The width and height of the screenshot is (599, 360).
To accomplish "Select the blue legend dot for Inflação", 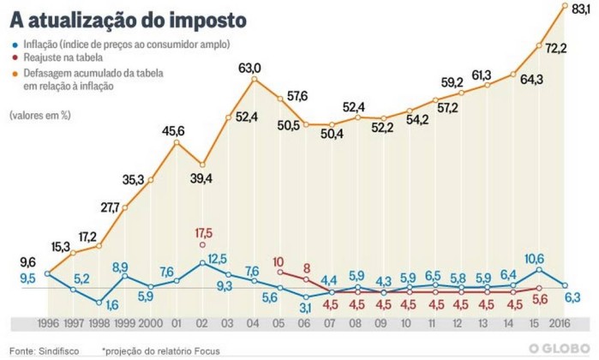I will pos(15,43).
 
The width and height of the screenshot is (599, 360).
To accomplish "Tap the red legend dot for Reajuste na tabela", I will pos(15,58).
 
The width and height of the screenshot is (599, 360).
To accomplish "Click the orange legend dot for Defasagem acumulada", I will pos(15,74).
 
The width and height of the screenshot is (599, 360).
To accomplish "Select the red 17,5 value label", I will pos(203,232).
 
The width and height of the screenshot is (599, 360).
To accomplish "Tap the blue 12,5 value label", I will pos(217,258).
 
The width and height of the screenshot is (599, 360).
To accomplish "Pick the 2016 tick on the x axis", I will pos(561,323).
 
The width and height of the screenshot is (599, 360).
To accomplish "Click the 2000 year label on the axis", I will pos(150,323).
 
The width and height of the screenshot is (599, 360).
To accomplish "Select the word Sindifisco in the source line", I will pos(63,349).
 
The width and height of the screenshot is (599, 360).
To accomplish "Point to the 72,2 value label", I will pos(556,48).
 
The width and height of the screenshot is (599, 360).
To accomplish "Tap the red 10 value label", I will pos(279,262).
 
